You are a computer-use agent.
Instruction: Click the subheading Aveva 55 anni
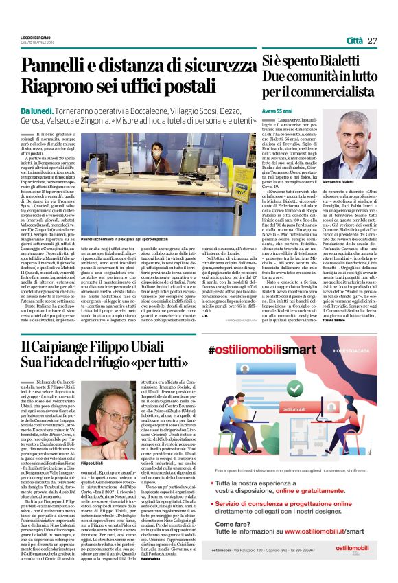tap(277, 110)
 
